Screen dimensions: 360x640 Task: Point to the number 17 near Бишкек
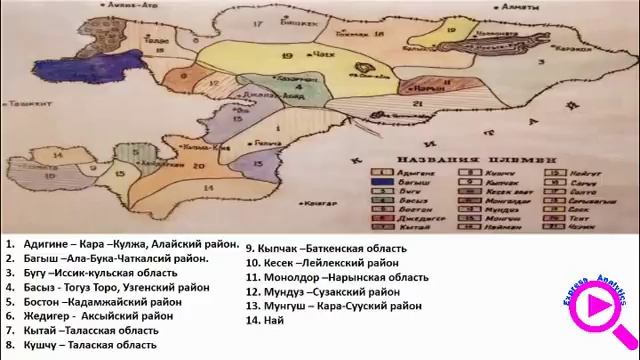[258, 22]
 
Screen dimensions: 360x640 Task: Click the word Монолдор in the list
[290, 276]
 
